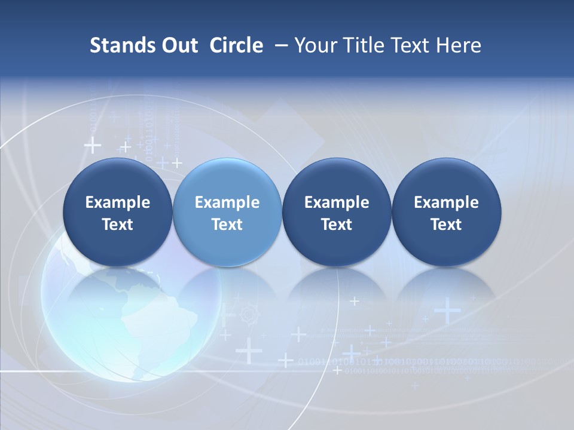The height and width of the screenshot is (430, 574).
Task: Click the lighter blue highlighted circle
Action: pos(227,212)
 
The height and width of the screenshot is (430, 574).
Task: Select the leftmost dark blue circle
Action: pos(118,212)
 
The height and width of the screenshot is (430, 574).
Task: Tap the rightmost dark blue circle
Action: pos(446,212)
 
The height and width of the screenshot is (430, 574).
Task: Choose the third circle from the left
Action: pos(337,212)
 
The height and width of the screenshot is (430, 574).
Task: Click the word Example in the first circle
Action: pos(118,202)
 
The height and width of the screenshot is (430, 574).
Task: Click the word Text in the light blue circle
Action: pos(227,225)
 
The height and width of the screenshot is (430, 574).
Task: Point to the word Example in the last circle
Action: pos(446,202)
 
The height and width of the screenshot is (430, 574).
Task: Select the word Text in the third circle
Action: pos(337,225)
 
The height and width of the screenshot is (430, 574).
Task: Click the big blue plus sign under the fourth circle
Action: pos(447,311)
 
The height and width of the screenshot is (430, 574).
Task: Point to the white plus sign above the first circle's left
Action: pos(92,145)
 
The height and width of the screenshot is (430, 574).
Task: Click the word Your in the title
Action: pos(315,45)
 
